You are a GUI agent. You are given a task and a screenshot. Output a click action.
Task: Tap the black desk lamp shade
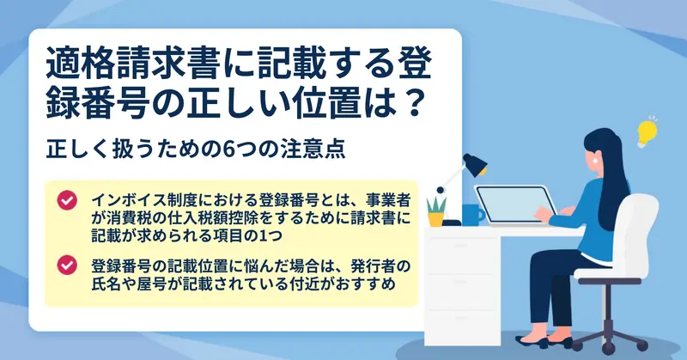475,165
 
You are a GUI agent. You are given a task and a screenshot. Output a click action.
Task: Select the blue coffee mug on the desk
472,215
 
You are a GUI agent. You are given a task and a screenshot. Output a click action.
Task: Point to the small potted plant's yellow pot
436,219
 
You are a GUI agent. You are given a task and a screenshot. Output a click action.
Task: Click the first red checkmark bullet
67,200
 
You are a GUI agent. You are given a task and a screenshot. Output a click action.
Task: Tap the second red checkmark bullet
67,265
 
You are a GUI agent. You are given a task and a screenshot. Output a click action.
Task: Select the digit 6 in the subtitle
228,149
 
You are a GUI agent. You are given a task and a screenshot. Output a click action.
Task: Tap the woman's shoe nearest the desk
532,341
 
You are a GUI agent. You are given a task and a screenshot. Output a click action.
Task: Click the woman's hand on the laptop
544,214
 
